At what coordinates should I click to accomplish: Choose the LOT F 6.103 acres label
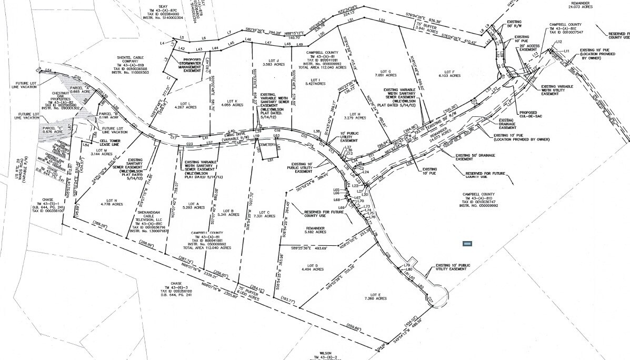(x=449, y=73)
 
